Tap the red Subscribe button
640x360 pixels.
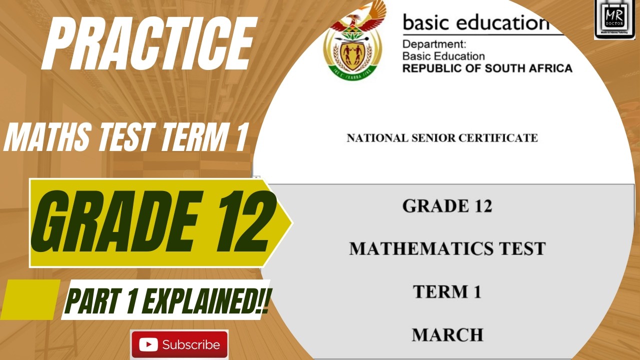pyautogui.click(x=179, y=344)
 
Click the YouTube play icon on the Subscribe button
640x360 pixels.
pyautogui.click(x=148, y=344)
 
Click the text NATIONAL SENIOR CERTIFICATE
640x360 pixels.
pyautogui.click(x=442, y=138)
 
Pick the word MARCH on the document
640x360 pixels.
pyautogui.click(x=447, y=334)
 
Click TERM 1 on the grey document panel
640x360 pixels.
pyautogui.click(x=447, y=291)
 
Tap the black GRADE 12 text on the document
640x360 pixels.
pyautogui.click(x=447, y=205)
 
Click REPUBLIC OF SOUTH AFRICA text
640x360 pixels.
pyautogui.click(x=487, y=68)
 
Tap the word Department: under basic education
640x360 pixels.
pyautogui.click(x=434, y=44)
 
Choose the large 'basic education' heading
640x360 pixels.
pyautogui.click(x=475, y=22)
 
